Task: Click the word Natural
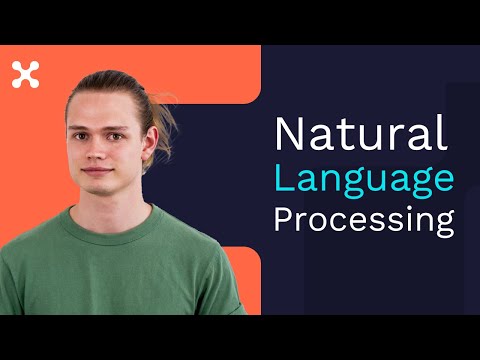[361, 132]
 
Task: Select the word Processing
[364, 221]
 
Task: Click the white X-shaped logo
[26, 75]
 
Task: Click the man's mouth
[97, 171]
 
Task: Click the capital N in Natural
[289, 133]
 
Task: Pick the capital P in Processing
[284, 219]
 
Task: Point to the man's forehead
[100, 108]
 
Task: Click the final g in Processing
[445, 224]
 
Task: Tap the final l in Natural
[444, 132]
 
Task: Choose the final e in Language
[443, 179]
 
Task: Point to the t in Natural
[341, 136]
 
